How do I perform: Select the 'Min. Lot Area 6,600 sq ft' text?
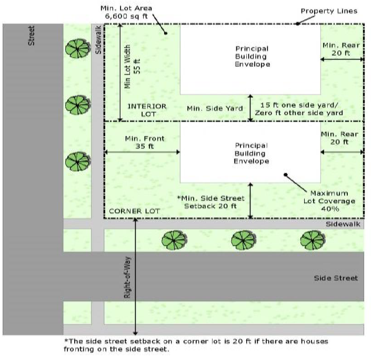(x=126, y=13)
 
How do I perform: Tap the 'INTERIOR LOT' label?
(x=147, y=109)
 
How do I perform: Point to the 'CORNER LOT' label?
(x=134, y=211)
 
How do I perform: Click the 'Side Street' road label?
(x=335, y=278)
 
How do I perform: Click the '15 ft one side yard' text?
(x=299, y=105)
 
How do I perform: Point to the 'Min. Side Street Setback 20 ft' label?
(x=212, y=202)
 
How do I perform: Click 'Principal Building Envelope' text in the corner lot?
(x=251, y=153)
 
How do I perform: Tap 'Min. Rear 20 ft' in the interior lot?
(x=341, y=49)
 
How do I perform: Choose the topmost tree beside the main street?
(x=77, y=49)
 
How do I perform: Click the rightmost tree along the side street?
(x=312, y=241)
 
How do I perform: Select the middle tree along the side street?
(x=244, y=241)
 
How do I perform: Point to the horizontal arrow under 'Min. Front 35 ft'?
(x=142, y=153)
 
